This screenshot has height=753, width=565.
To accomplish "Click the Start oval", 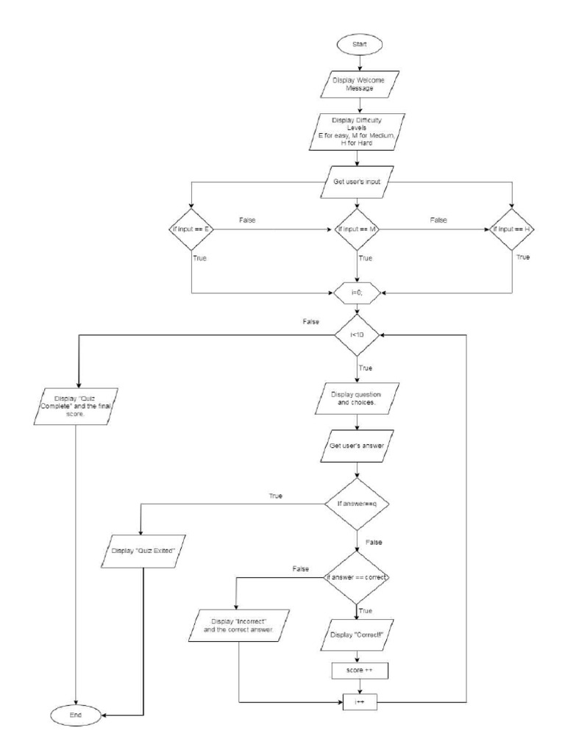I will pyautogui.click(x=357, y=44).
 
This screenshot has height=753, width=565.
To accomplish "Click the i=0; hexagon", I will pyautogui.click(x=357, y=292).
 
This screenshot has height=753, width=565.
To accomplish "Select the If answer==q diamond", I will pyautogui.click(x=357, y=504).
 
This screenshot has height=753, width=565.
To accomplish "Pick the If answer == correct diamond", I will pyautogui.click(x=357, y=577).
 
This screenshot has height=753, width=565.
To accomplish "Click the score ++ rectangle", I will pyautogui.click(x=357, y=670).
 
